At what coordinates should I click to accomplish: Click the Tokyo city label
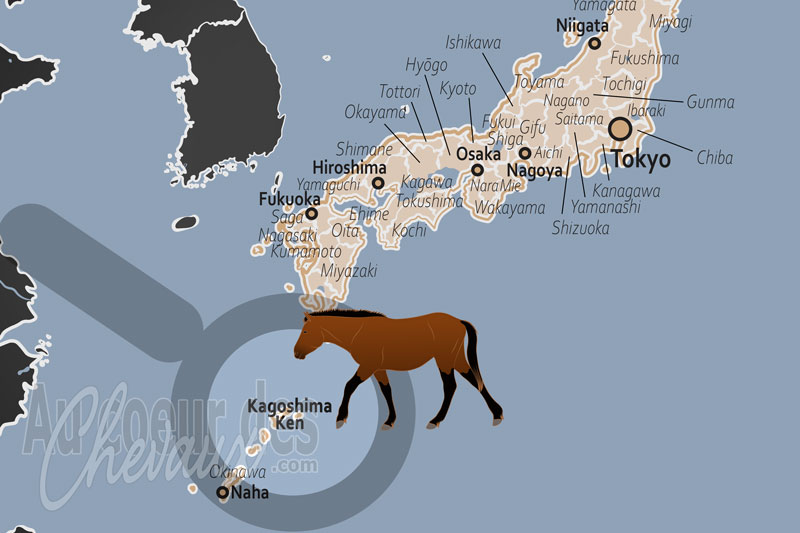pyautogui.click(x=641, y=160)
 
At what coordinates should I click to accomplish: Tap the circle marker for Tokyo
pyautogui.click(x=620, y=128)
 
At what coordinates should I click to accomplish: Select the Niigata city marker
pyautogui.click(x=594, y=43)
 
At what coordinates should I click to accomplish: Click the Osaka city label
pyautogui.click(x=478, y=154)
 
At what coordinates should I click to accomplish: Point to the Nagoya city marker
pyautogui.click(x=525, y=153)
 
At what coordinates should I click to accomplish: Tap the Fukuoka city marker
pyautogui.click(x=311, y=213)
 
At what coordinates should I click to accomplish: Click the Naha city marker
pyautogui.click(x=223, y=492)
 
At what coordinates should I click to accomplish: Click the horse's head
pyautogui.click(x=312, y=334)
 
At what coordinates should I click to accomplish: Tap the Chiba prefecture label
pyautogui.click(x=715, y=158)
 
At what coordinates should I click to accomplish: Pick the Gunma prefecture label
pyautogui.click(x=711, y=102)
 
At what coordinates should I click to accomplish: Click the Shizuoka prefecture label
pyautogui.click(x=580, y=228)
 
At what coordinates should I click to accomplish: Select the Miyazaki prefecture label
pyautogui.click(x=349, y=271)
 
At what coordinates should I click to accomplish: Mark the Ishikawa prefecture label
pyautogui.click(x=473, y=43)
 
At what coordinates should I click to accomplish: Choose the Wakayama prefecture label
pyautogui.click(x=510, y=208)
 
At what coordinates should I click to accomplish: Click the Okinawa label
pyautogui.click(x=237, y=472)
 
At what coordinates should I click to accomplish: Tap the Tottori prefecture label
pyautogui.click(x=402, y=92)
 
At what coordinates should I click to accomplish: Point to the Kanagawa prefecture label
pyautogui.click(x=626, y=190)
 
